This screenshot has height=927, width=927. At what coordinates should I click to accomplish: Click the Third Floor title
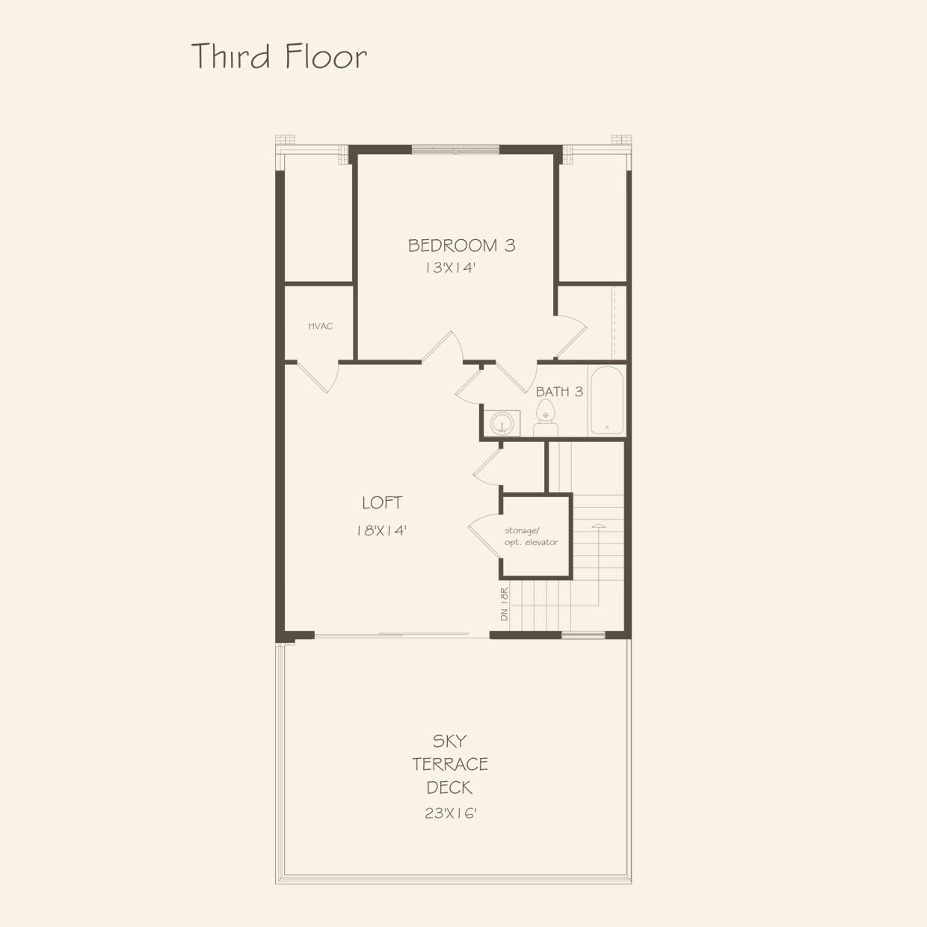[279, 57]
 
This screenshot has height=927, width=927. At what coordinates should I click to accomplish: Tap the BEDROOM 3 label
[461, 245]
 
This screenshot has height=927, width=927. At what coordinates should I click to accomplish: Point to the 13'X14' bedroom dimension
[451, 268]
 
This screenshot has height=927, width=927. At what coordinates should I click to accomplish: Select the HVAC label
[320, 326]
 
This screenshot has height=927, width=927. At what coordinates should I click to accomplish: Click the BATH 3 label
[558, 391]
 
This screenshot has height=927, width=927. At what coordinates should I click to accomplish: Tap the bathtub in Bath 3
[606, 400]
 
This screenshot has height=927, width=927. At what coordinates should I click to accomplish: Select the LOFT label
[382, 503]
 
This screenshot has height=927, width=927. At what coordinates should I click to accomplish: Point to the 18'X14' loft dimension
[381, 530]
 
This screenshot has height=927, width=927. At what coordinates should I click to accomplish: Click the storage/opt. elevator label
[531, 537]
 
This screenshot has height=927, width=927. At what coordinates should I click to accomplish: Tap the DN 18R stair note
[504, 604]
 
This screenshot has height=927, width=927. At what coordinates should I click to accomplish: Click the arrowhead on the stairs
[597, 527]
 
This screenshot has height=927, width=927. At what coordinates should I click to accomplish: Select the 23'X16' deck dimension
[451, 813]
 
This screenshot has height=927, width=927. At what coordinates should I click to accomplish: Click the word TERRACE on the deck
[450, 764]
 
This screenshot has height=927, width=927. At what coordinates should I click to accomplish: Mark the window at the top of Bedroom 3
[455, 150]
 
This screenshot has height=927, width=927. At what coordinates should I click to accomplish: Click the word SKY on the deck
[449, 741]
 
